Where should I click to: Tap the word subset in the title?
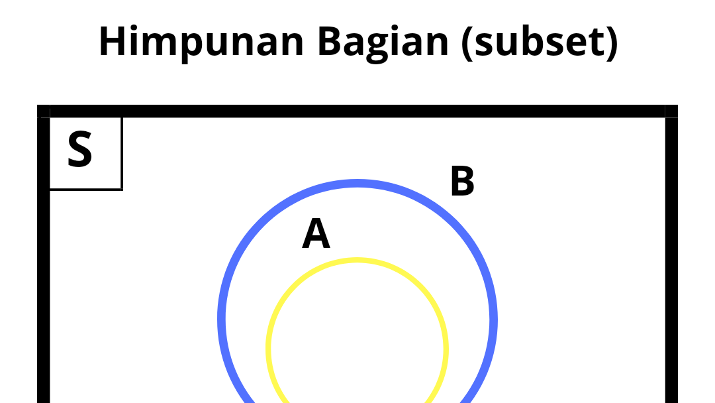coord(540,41)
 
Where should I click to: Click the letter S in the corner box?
coord(80,150)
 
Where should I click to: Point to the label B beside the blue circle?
coord(462,182)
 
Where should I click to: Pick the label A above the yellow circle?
coord(316,235)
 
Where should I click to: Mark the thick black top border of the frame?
coord(358,111)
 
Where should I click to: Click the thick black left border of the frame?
coord(44,265)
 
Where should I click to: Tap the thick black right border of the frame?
coord(671,265)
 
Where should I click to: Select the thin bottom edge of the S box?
coord(86,189)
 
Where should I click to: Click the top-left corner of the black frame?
coord(44,111)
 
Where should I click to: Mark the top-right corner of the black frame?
coord(671,111)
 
